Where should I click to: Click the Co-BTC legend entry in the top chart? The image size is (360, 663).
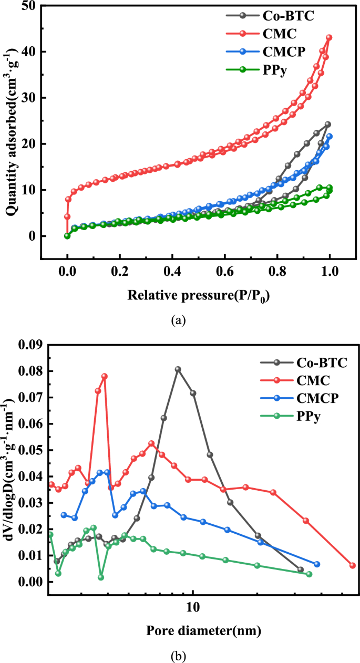[x=289, y=16]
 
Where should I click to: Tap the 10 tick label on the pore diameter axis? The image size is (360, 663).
[x=193, y=608]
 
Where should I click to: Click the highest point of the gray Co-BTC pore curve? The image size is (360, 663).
[x=178, y=369]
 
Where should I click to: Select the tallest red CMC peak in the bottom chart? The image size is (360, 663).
[x=105, y=376]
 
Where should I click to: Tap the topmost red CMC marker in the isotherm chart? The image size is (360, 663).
[x=329, y=38]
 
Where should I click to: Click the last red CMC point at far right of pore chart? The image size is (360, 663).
[x=353, y=565]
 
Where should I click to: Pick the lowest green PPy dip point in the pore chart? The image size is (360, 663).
[x=101, y=577]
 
